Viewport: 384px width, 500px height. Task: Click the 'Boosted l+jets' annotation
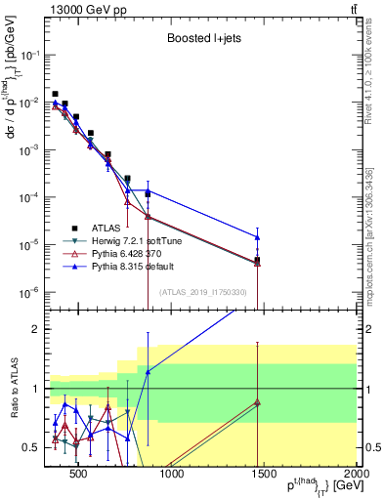tap(203, 39)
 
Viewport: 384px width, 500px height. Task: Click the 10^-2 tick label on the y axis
tap(31, 103)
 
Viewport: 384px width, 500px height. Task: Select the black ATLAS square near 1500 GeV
tap(257, 260)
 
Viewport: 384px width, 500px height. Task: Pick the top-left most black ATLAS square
tap(55, 94)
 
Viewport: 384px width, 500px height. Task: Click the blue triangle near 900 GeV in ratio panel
tap(148, 372)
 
